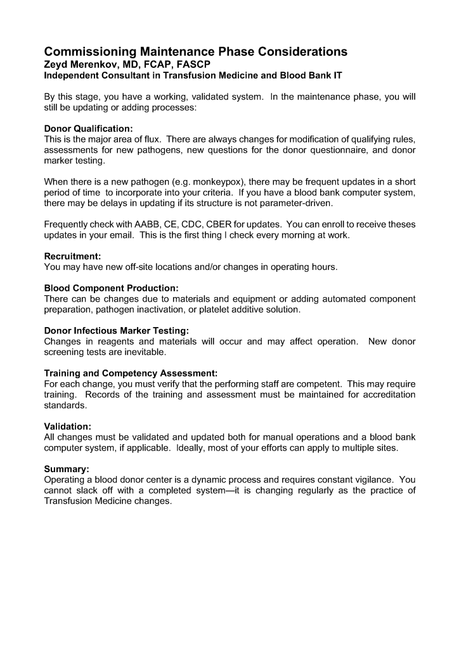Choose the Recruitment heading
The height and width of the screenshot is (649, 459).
pos(72,257)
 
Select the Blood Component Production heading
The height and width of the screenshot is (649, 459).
pos(111,288)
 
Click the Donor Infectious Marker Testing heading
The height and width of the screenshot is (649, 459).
pos(117,331)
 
